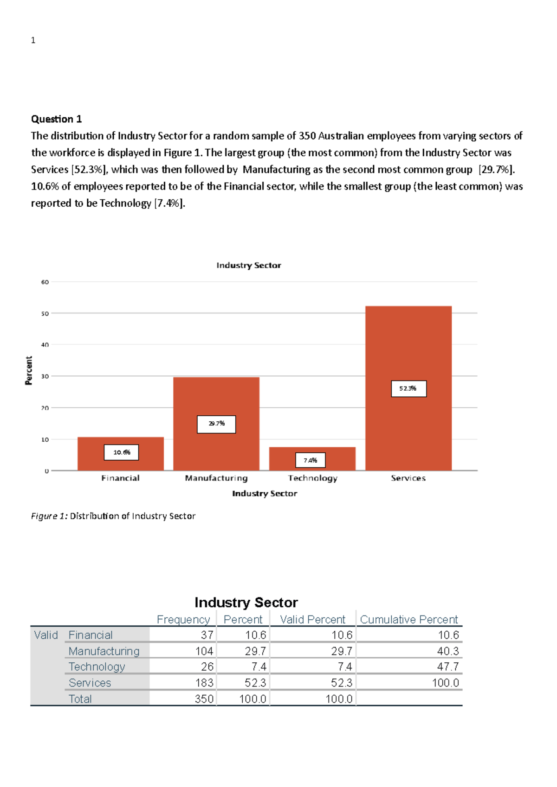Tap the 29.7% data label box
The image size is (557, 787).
[216, 424]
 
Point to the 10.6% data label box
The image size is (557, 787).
[122, 452]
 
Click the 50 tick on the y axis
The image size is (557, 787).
[45, 314]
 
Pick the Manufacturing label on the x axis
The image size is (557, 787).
[216, 478]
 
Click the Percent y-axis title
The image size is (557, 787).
[29, 370]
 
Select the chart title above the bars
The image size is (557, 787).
[248, 265]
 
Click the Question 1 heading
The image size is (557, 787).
[56, 119]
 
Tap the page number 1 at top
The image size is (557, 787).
[33, 40]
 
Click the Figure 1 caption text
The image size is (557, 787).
[113, 516]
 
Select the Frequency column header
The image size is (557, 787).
[183, 620]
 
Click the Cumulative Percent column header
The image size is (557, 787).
[409, 620]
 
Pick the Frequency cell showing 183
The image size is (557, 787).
[204, 683]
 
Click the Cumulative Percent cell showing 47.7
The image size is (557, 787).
[447, 666]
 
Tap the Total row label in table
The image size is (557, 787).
[80, 699]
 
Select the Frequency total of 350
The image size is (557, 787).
[204, 699]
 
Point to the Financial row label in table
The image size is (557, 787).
[91, 635]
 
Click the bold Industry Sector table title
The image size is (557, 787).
[246, 602]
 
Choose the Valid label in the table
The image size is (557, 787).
[46, 635]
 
